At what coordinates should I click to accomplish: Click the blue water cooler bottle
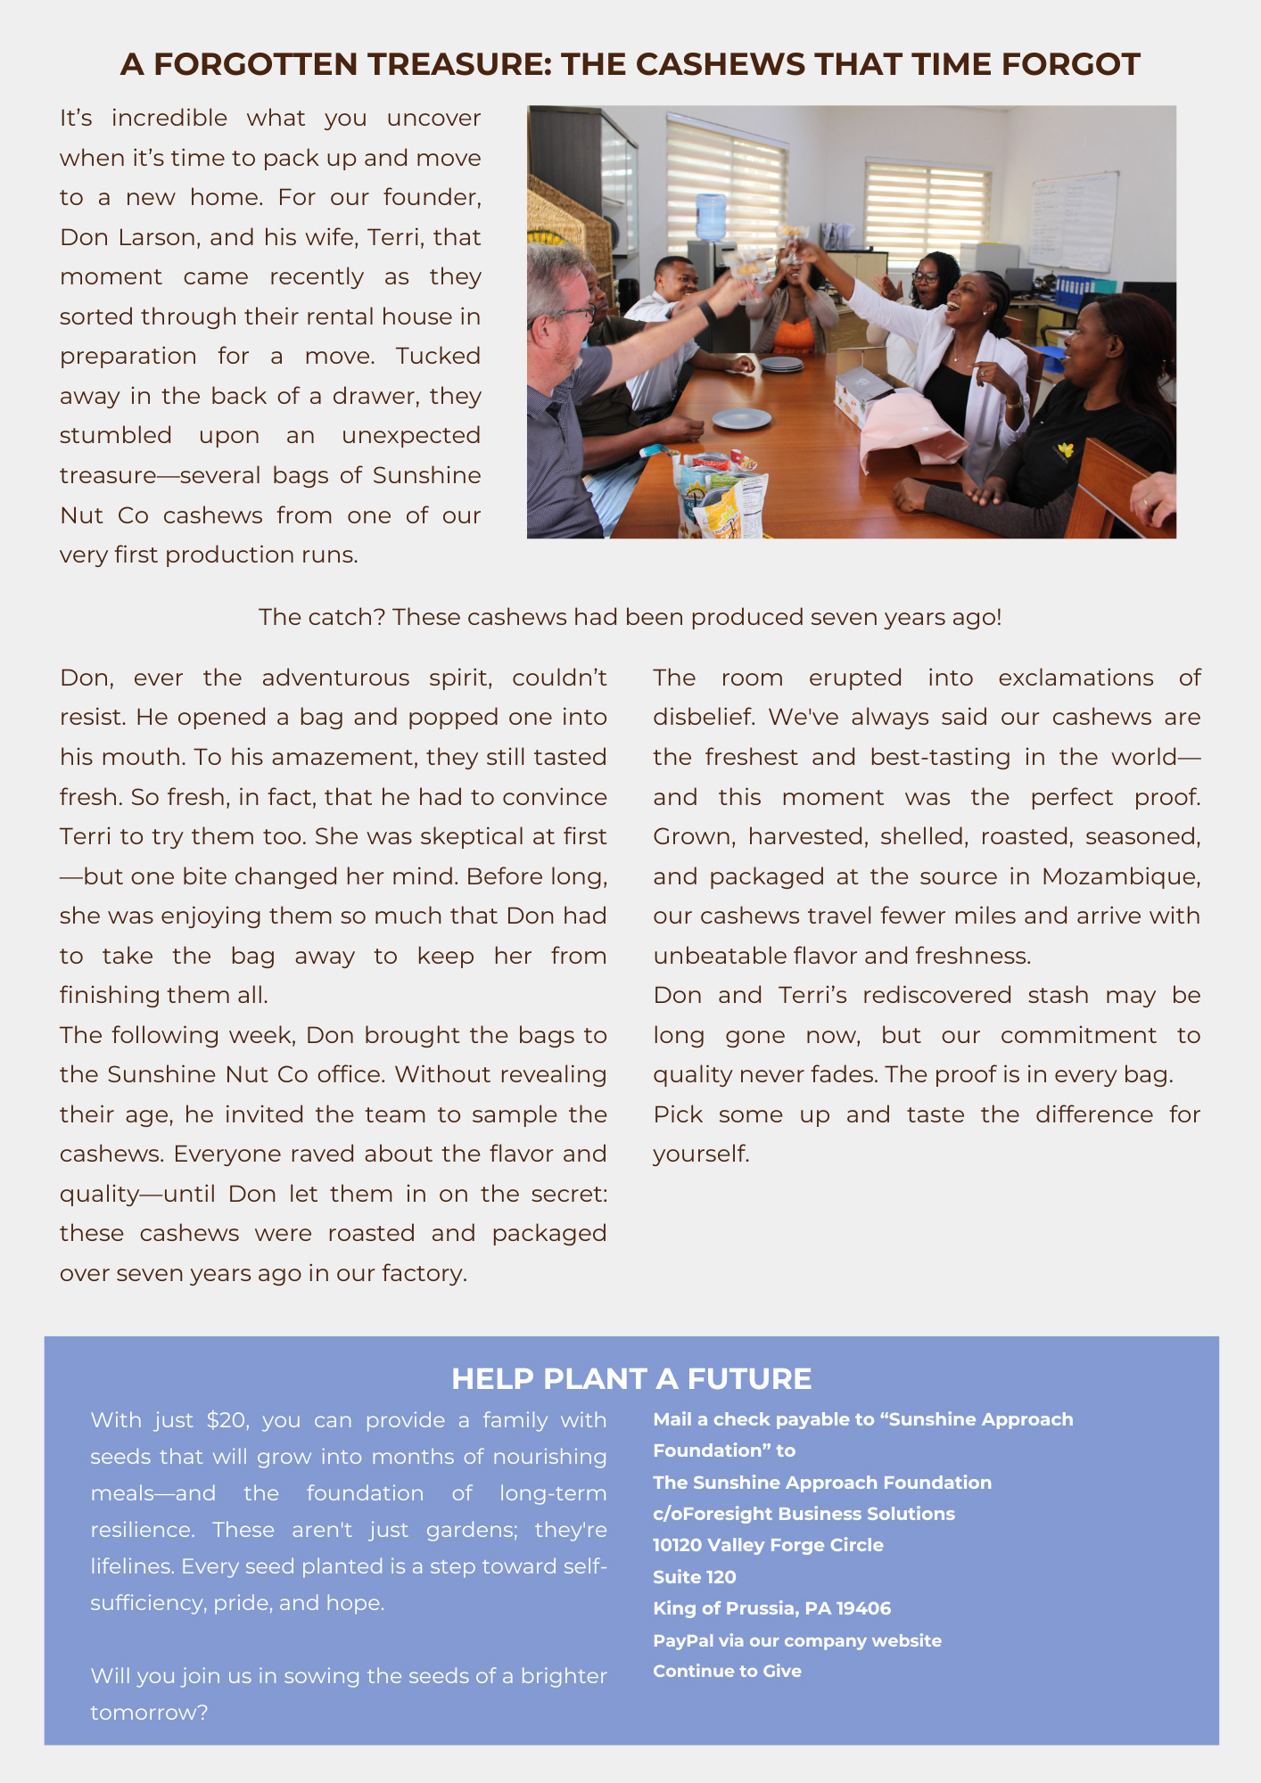(x=711, y=217)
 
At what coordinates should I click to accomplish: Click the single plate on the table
(x=742, y=418)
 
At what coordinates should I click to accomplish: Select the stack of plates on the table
(x=781, y=365)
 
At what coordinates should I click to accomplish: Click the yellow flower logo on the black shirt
(x=1064, y=450)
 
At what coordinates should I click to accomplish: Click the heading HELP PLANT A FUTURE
(x=631, y=1378)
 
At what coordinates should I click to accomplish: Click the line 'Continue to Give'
(x=727, y=1671)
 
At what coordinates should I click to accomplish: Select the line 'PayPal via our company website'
(x=796, y=1640)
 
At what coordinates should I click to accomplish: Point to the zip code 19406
(x=863, y=1608)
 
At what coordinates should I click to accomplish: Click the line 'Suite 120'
(x=694, y=1577)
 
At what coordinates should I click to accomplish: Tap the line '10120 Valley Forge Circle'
(x=768, y=1545)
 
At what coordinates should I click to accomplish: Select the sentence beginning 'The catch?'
(x=630, y=617)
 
